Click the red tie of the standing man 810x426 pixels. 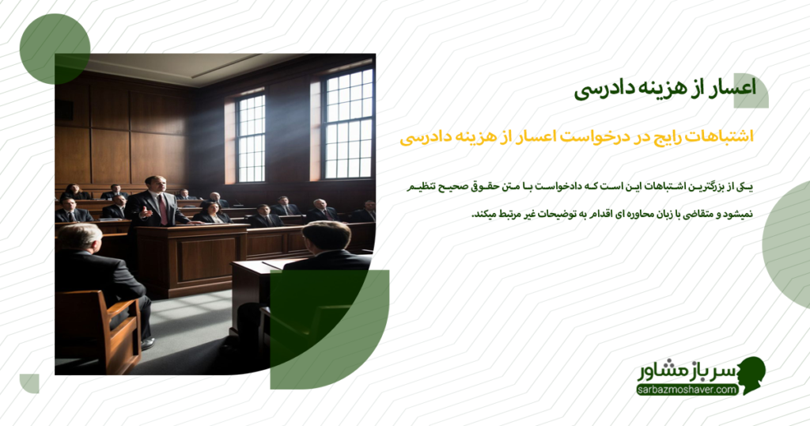point(162,209)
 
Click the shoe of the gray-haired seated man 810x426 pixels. point(147,343)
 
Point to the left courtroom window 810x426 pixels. point(250,138)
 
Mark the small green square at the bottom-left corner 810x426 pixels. point(29,383)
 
